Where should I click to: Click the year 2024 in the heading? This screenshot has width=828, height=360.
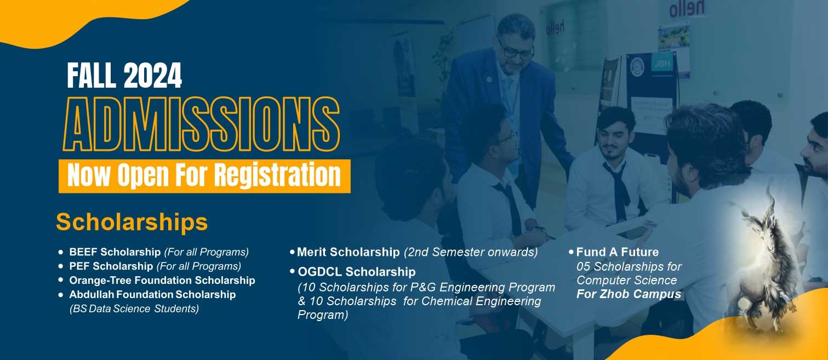[153, 75]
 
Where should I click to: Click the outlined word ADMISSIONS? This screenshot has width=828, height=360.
[202, 124]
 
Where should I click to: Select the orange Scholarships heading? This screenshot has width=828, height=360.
[132, 222]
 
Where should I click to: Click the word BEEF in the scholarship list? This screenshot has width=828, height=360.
[83, 252]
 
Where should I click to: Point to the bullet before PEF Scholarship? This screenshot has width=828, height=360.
[61, 266]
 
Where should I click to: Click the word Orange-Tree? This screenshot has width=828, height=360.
[100, 281]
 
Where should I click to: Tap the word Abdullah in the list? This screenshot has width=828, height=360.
[92, 295]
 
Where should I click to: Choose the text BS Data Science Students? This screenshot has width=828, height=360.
[134, 308]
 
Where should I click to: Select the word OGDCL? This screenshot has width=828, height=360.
[319, 272]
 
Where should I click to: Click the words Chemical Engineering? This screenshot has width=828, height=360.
[481, 301]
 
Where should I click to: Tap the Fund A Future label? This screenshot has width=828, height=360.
[618, 252]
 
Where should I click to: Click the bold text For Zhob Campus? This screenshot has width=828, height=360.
[629, 294]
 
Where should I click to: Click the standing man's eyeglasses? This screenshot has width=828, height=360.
[516, 50]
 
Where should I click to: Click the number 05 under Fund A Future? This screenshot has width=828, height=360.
[583, 266]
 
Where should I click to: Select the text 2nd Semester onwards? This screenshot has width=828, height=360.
[471, 252]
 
